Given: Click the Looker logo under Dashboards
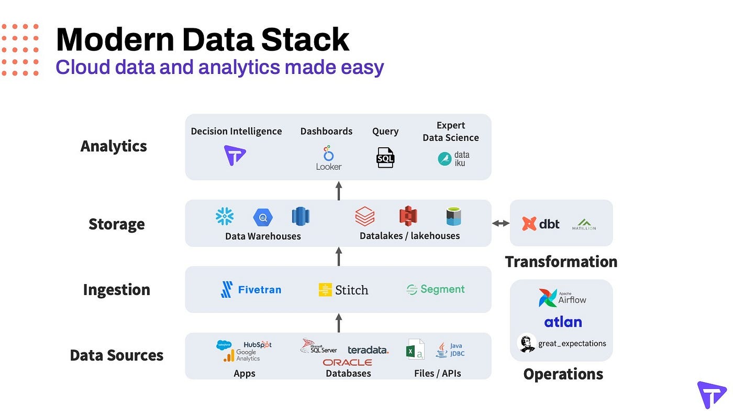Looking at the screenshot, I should [x=329, y=158].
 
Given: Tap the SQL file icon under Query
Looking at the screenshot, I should [x=385, y=157].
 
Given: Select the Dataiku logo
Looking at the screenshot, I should [x=454, y=158].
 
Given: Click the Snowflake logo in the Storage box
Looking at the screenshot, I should [x=225, y=216].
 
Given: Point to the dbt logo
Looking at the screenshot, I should [x=541, y=224].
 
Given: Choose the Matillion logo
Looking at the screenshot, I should [x=584, y=224].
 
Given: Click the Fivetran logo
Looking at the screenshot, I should [x=251, y=289].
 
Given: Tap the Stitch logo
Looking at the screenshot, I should [x=343, y=290].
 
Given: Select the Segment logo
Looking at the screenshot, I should [x=436, y=289].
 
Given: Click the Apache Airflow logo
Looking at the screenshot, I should [x=563, y=298].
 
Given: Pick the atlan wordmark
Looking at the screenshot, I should [x=563, y=322].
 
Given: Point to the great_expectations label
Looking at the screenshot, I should [x=572, y=344].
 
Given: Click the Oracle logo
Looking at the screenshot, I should [x=347, y=362].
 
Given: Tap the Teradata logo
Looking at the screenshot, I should [x=368, y=350].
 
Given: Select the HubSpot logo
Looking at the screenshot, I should [x=257, y=344].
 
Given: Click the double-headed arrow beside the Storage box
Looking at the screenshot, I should [x=501, y=223].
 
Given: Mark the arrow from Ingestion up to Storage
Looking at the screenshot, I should [x=339, y=256].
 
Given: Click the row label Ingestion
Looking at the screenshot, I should [x=117, y=289].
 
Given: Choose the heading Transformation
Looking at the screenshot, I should [x=561, y=262].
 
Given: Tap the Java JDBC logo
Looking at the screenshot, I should [x=450, y=350].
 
